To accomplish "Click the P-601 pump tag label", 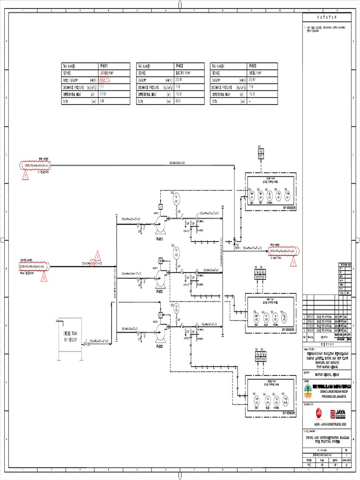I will [x=159, y=239].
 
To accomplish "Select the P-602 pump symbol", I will [x=161, y=280].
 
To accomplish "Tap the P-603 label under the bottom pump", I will [x=159, y=347].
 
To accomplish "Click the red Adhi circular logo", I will [x=319, y=413].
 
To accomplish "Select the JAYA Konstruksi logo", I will [x=339, y=413].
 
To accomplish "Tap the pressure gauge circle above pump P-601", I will [x=176, y=197].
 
